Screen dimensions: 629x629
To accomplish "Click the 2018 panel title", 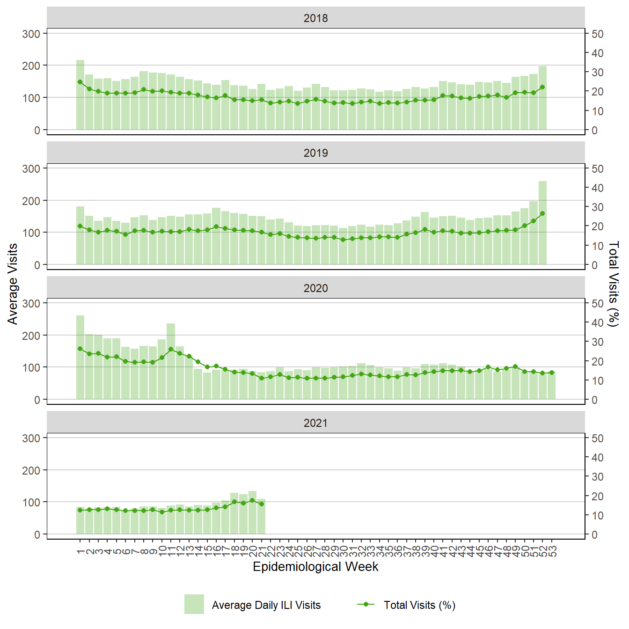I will [315, 18].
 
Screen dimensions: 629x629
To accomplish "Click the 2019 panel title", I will [315, 153].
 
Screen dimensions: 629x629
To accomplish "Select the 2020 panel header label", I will [315, 288].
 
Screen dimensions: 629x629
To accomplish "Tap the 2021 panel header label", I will [315, 423].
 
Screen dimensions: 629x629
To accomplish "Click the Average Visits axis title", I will [13, 284].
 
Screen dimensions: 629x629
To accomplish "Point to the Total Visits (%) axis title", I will [614, 284].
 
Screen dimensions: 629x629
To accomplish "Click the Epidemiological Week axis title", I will [315, 567].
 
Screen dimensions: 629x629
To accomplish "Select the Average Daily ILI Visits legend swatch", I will [194, 604].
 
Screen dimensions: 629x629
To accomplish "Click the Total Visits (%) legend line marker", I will [366, 604].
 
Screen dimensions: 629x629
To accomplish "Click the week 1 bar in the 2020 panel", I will [80, 358].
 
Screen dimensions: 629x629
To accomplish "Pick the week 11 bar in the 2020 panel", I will [171, 361].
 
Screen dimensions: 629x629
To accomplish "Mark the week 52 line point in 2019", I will [543, 213].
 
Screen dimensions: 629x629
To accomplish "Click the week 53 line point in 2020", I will [552, 373].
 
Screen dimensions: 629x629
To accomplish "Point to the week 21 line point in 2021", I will [262, 504].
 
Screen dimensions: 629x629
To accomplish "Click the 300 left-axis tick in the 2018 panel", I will [31, 34].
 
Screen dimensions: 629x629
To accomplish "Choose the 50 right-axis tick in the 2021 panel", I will [597, 439].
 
